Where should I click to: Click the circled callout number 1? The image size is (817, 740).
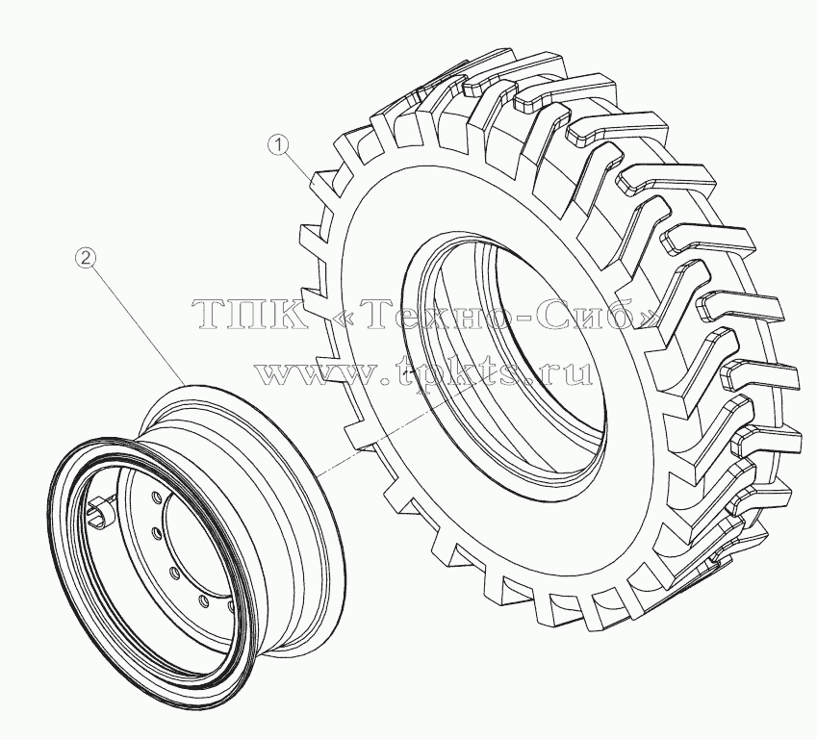[x=279, y=144]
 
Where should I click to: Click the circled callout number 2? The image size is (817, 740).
[x=87, y=257]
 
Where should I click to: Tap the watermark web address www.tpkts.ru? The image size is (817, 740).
[x=424, y=371]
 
